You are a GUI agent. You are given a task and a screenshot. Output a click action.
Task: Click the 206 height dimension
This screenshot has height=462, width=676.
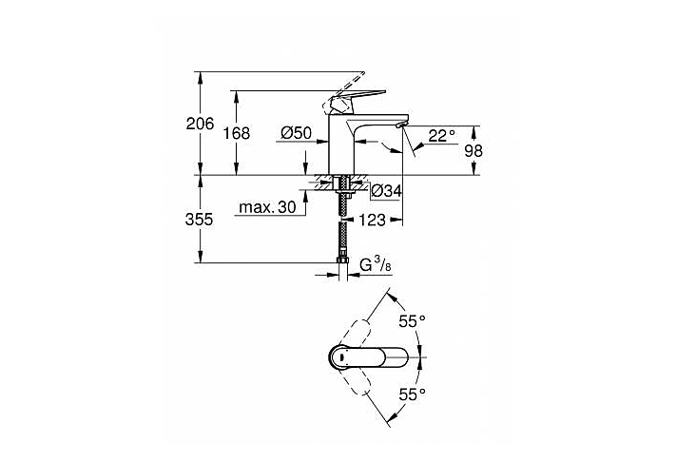tap(200, 125)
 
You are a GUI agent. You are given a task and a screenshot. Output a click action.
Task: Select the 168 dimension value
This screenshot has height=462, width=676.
tap(236, 133)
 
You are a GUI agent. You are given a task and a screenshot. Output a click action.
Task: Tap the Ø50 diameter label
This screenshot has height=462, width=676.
tap(297, 133)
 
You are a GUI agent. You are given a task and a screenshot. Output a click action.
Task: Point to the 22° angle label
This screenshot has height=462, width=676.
tap(441, 136)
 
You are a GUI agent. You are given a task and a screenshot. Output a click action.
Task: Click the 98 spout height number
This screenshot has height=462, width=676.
tap(473, 151)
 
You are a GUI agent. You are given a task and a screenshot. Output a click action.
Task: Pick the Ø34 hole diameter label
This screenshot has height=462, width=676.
tap(387, 190)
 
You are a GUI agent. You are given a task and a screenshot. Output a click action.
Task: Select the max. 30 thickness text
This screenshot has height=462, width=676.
tap(267, 208)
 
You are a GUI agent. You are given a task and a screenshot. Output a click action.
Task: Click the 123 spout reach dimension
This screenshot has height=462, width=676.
tap(372, 221)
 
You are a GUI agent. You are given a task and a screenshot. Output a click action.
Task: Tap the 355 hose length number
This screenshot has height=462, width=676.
tap(199, 220)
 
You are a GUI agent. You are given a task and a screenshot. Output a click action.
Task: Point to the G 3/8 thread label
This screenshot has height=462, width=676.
tap(376, 264)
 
